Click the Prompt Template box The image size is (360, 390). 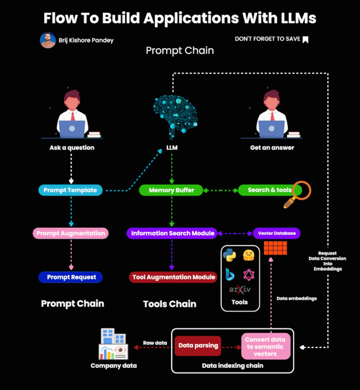point(70,190)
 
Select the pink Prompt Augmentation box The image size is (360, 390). point(71,233)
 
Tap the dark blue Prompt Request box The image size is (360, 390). point(71,277)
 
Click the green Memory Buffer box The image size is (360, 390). point(171,190)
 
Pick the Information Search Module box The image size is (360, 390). point(173,233)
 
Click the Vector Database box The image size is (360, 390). point(277,233)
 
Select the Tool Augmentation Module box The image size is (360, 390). point(174,277)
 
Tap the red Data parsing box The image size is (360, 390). point(197,345)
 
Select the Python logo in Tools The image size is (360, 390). point(230,255)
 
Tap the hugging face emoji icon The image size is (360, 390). point(249,255)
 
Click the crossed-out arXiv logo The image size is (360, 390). point(239,290)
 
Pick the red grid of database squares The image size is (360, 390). point(275,248)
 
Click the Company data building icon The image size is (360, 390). point(113,344)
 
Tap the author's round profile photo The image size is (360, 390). point(48,40)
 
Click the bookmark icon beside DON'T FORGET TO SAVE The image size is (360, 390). point(305,39)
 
